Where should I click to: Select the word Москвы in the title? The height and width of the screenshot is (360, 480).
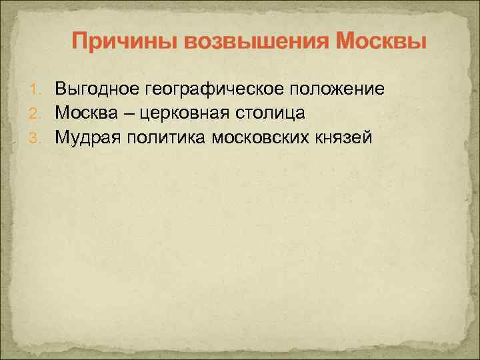coord(381,42)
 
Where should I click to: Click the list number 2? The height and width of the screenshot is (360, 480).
coord(39,114)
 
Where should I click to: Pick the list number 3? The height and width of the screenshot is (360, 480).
coord(39,138)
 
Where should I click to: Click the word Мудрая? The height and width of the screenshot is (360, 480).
coord(87,138)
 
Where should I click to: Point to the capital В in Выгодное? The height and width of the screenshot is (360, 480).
coord(61,89)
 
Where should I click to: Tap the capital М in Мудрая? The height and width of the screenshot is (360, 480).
coord(62,137)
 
